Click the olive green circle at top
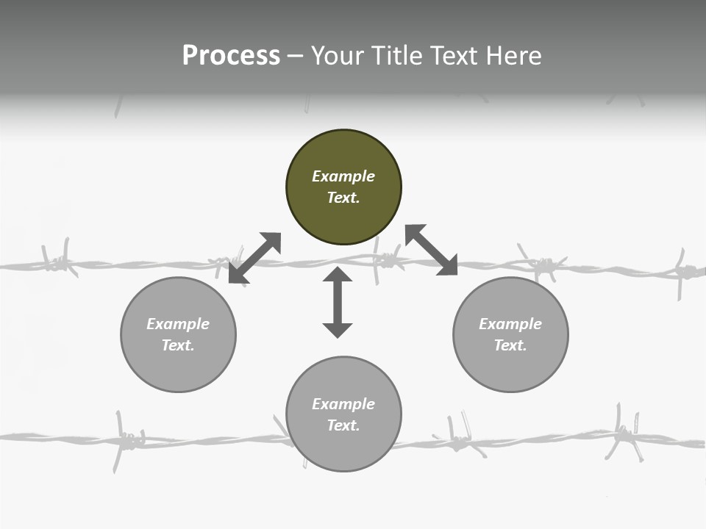coord(343,187)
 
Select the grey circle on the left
coord(178,334)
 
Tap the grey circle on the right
coord(510,334)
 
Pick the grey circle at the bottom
coord(343,414)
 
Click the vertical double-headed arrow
coord(338,303)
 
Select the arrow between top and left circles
coord(255,258)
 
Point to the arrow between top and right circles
coord(432,250)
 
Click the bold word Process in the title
coord(231,56)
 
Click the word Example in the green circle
coord(343,176)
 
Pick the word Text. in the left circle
coord(178,345)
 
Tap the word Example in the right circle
coord(510,324)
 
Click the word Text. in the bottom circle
coord(343,425)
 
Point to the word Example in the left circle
coord(178,324)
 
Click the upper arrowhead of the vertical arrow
coord(338,276)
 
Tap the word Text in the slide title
coord(453,56)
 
